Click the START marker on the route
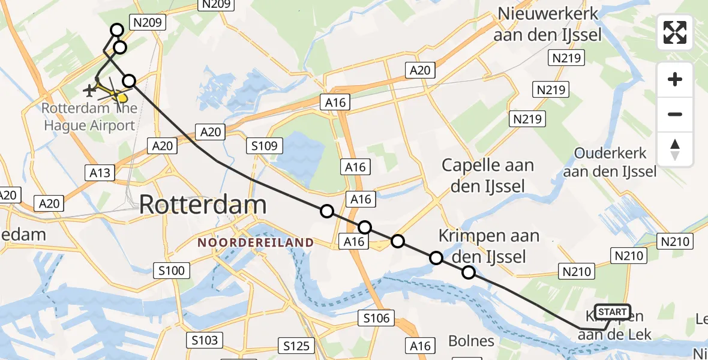click(x=612, y=312)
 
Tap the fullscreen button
click(x=675, y=32)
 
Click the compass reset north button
click(x=675, y=149)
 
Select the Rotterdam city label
click(x=203, y=205)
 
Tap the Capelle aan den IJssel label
click(x=487, y=175)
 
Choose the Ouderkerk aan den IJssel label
click(x=611, y=162)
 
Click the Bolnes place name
click(x=471, y=341)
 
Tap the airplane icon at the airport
click(x=89, y=91)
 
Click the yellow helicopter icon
click(x=120, y=97)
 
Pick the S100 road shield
click(x=172, y=271)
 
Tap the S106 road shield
click(x=376, y=318)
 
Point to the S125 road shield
click(x=296, y=345)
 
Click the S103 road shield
click(x=205, y=340)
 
